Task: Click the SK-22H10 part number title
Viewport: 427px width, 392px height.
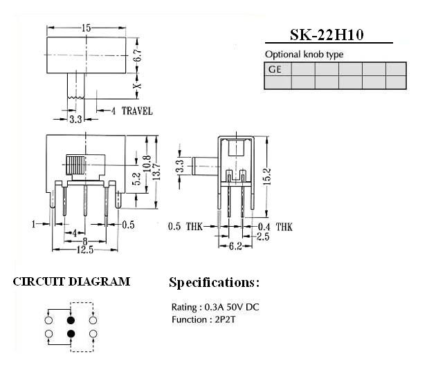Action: [327, 35]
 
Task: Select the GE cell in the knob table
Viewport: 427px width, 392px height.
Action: [278, 69]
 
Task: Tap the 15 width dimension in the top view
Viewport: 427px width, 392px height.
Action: [86, 28]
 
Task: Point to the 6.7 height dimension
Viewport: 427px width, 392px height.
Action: [138, 55]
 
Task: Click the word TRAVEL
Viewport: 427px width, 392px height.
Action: [137, 111]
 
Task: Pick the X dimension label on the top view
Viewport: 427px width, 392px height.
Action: [138, 85]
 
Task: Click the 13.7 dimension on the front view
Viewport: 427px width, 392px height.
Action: [156, 171]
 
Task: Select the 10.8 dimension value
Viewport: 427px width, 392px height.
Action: [147, 163]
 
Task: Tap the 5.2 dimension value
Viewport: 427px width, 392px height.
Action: [136, 178]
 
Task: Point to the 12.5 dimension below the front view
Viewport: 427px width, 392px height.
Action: [85, 250]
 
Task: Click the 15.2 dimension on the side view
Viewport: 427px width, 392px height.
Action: [267, 176]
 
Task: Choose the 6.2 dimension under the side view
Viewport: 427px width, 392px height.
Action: [235, 246]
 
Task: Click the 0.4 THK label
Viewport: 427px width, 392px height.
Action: [275, 227]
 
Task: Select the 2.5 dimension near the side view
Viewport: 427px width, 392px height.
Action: [263, 236]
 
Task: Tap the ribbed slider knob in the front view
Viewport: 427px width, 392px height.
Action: [75, 165]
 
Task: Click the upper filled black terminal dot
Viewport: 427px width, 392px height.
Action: [71, 320]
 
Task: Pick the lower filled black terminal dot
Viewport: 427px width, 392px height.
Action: [71, 333]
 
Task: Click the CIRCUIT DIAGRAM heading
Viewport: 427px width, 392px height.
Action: [71, 282]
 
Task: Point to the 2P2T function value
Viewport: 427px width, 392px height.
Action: [225, 319]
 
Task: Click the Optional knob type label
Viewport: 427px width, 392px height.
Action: [304, 55]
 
